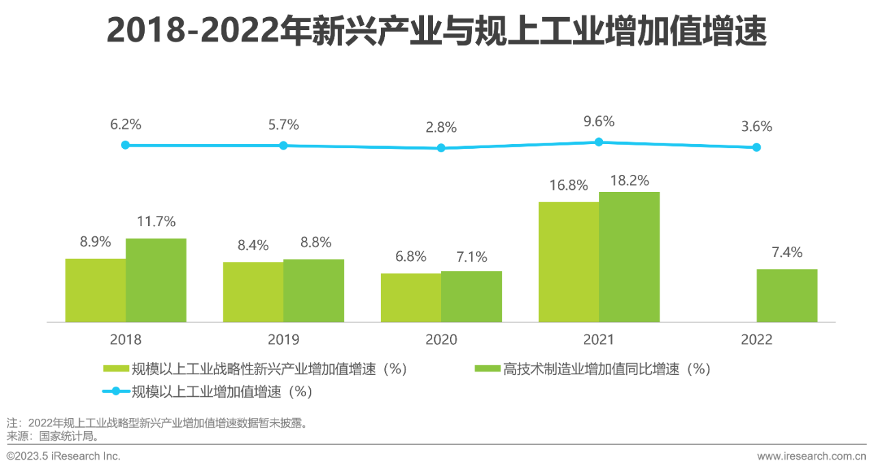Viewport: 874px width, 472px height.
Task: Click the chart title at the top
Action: [437, 31]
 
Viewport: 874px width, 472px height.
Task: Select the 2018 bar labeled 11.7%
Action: [156, 280]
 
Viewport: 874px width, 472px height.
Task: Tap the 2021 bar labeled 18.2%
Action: [629, 257]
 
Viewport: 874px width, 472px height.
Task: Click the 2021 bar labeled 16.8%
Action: [568, 262]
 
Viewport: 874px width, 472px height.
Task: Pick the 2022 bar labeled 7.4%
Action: [787, 295]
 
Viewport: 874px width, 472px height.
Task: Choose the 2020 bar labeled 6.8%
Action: [410, 297]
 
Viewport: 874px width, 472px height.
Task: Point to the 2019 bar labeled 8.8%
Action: [313, 290]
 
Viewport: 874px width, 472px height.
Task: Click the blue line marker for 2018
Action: [125, 145]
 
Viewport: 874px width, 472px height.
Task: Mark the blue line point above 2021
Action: [599, 142]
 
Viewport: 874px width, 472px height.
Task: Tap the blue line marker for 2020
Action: [441, 148]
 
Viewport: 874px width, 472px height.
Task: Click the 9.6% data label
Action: [599, 122]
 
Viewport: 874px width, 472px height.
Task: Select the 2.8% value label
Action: [441, 127]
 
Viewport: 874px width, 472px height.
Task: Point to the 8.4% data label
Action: [253, 245]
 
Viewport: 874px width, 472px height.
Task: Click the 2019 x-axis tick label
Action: [283, 339]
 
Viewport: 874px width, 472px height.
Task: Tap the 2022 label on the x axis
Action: [757, 339]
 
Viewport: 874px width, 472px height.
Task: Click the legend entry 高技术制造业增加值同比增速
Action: [606, 370]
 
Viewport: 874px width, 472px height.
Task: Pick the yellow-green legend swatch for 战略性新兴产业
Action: [116, 370]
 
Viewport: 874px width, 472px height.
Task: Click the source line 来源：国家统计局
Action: [53, 435]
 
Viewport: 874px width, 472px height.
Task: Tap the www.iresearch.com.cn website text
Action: [811, 456]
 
